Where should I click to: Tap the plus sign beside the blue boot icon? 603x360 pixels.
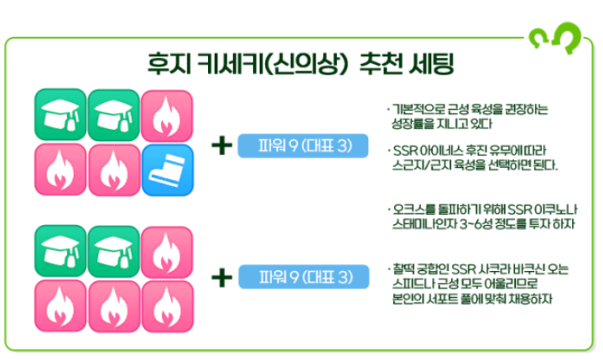coord(221,145)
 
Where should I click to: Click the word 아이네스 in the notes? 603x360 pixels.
coord(433,151)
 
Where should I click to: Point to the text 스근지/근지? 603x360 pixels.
coord(417,164)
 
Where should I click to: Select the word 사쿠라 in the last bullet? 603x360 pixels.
coord(493,269)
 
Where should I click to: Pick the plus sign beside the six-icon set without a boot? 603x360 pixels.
coord(221,276)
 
